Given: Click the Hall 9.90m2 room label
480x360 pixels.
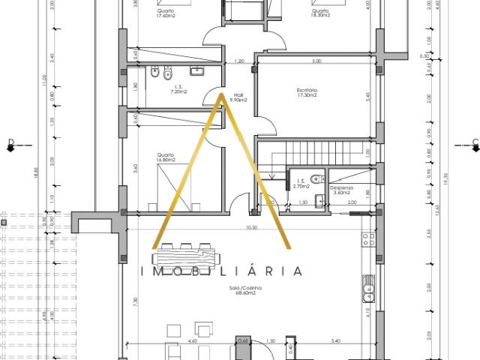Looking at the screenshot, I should tap(240, 97).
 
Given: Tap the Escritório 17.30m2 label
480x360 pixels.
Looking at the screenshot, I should tap(307, 93).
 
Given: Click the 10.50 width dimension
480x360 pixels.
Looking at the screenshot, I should tap(251, 227).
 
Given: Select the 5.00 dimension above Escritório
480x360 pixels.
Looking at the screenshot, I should tap(316, 61).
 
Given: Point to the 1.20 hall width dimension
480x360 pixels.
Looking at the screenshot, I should tap(240, 61).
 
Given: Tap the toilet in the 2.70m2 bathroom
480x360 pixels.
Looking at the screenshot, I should tap(318, 179).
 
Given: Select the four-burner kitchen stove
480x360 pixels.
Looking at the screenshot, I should tap(368, 241).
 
